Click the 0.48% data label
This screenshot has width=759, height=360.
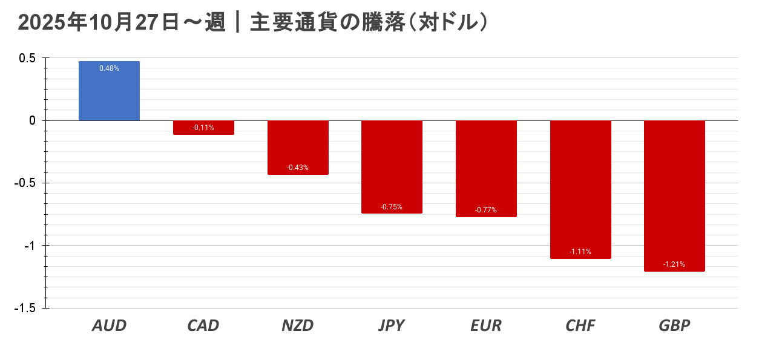[x=109, y=68]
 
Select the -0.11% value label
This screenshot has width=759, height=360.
[x=203, y=128]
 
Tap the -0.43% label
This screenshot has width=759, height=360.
[x=298, y=168]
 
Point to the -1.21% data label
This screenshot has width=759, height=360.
[x=674, y=264]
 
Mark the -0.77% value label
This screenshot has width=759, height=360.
[x=486, y=210]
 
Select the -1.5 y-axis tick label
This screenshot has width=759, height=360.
[x=24, y=308]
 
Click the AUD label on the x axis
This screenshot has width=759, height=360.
[x=109, y=326]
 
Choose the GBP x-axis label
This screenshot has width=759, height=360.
[x=674, y=326]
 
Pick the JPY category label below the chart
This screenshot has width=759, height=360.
[x=392, y=326]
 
